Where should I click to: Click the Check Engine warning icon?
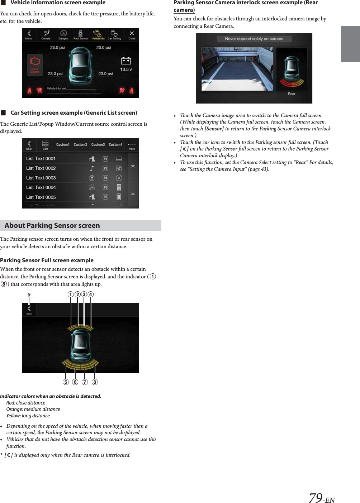(x=35, y=64)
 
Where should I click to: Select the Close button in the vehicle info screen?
(x=132, y=35)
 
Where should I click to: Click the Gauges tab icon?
(x=63, y=35)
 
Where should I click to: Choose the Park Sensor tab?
(x=81, y=35)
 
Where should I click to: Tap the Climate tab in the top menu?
(x=46, y=35)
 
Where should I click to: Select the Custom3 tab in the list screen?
(x=98, y=145)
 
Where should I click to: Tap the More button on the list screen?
(x=132, y=146)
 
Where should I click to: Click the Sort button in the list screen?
(x=45, y=145)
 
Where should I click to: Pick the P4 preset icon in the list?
(x=105, y=178)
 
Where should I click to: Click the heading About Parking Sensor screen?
(x=52, y=225)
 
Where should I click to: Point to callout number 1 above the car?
(x=71, y=294)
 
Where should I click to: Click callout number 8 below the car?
(x=95, y=382)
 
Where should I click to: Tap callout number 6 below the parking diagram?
(x=75, y=382)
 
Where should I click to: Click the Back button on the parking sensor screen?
(x=29, y=310)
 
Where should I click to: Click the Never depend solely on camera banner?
(x=254, y=39)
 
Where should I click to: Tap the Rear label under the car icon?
(x=292, y=94)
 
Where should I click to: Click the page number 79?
(x=316, y=498)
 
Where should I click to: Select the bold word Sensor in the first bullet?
(x=214, y=129)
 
